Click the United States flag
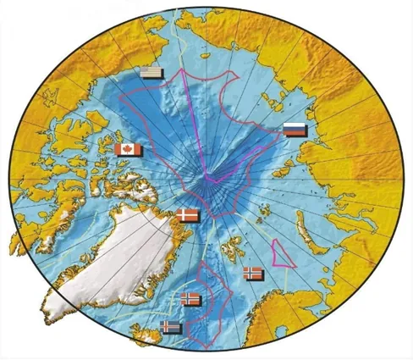click(152, 74)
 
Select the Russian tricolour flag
click(294, 130)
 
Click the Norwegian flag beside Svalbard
click(253, 273)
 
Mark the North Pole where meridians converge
click(207, 179)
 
